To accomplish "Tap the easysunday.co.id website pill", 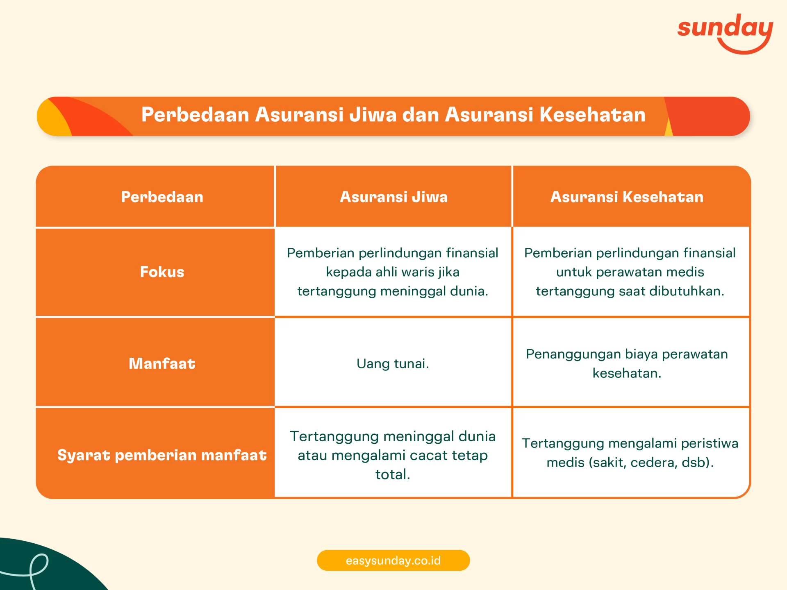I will pyautogui.click(x=393, y=560).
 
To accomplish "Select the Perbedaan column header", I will pyautogui.click(x=162, y=197).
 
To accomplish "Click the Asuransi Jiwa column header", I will pyautogui.click(x=393, y=197).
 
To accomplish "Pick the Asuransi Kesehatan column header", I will pyautogui.click(x=627, y=197).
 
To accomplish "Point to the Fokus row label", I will pyautogui.click(x=162, y=272).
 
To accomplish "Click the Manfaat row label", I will pyautogui.click(x=162, y=363).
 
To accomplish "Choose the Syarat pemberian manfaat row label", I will pyautogui.click(x=162, y=455).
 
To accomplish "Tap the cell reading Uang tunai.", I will pyautogui.click(x=393, y=363).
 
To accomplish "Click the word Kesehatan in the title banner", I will pyautogui.click(x=592, y=115).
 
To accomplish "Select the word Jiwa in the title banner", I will pyautogui.click(x=373, y=115).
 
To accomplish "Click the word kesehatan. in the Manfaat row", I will pyautogui.click(x=627, y=373).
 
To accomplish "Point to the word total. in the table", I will pyautogui.click(x=393, y=474).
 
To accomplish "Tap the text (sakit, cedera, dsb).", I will pyautogui.click(x=651, y=463).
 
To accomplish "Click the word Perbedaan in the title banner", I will pyautogui.click(x=195, y=115).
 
